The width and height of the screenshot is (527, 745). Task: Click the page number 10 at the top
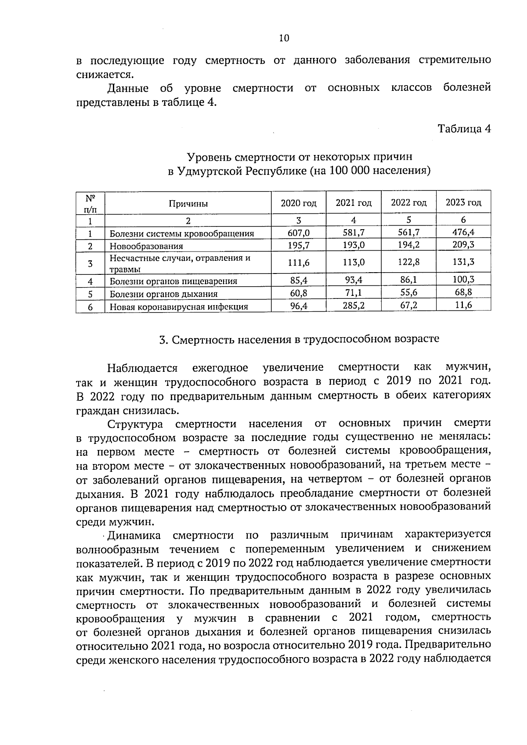click(284, 38)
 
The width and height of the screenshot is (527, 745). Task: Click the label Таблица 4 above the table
click(464, 129)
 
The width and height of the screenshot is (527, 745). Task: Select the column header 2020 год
click(299, 203)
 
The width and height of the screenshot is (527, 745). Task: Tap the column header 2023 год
click(463, 202)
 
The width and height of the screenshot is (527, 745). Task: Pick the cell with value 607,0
click(299, 233)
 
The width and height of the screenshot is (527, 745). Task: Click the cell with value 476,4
click(463, 232)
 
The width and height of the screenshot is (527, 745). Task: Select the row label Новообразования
click(146, 246)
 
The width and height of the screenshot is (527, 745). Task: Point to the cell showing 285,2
click(354, 306)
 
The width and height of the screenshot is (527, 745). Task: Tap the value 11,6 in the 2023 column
click(463, 305)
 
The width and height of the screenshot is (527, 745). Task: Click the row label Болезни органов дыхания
click(163, 294)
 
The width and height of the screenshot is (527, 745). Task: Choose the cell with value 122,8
click(408, 262)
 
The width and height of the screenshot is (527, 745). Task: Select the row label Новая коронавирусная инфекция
click(179, 307)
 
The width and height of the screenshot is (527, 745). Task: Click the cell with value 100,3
click(463, 279)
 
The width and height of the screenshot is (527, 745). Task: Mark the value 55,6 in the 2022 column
click(408, 292)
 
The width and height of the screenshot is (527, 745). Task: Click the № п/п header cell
click(90, 203)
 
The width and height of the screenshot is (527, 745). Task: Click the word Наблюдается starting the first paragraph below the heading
click(142, 367)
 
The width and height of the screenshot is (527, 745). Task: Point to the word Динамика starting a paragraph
click(134, 535)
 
